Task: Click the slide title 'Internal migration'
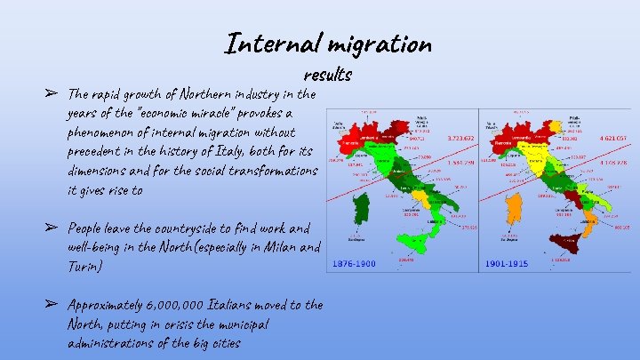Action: pyautogui.click(x=328, y=42)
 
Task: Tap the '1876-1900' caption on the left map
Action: pyautogui.click(x=353, y=264)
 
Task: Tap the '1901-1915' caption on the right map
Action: pyautogui.click(x=507, y=264)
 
